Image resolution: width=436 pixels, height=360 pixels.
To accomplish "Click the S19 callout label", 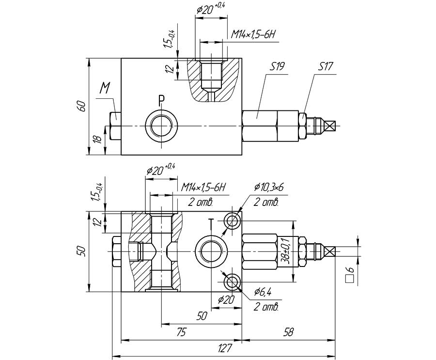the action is tap(277, 67).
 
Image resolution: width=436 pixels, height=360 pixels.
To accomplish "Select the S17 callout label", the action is tap(325, 67).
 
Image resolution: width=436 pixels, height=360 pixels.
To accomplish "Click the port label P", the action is tap(161, 100).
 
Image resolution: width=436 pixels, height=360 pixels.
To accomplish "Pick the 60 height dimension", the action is tap(82, 106).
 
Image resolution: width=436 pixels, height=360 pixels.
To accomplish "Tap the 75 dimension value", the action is tap(181, 332).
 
